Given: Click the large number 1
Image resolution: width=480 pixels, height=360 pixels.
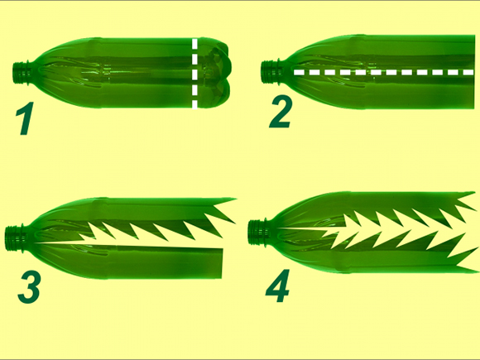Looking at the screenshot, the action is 25,118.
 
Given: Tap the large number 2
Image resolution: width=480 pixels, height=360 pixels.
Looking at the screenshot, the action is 281,112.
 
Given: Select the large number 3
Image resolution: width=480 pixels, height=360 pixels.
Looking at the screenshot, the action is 29,287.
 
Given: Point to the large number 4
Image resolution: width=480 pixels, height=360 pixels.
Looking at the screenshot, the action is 277,286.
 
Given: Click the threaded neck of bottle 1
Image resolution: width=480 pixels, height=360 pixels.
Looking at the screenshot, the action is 22,73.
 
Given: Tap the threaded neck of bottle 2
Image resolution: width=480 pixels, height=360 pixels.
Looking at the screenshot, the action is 270,72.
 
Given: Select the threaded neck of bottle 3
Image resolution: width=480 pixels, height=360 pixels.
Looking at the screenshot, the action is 14,238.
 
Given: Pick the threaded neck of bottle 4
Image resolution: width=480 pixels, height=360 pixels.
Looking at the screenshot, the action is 257,233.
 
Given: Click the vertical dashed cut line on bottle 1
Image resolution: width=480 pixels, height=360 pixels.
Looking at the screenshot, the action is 194,74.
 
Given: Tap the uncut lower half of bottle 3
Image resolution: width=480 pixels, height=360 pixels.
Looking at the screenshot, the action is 128,260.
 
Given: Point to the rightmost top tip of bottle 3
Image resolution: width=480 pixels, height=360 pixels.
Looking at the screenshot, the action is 237,199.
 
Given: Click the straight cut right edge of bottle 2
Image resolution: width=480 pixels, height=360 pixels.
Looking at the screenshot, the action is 474,72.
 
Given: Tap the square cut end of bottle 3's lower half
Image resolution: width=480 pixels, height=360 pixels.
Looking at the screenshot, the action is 222,263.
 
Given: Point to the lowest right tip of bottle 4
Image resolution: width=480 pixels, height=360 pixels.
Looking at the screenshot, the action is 478,271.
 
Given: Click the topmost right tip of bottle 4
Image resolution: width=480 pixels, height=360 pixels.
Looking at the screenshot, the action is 474,192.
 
